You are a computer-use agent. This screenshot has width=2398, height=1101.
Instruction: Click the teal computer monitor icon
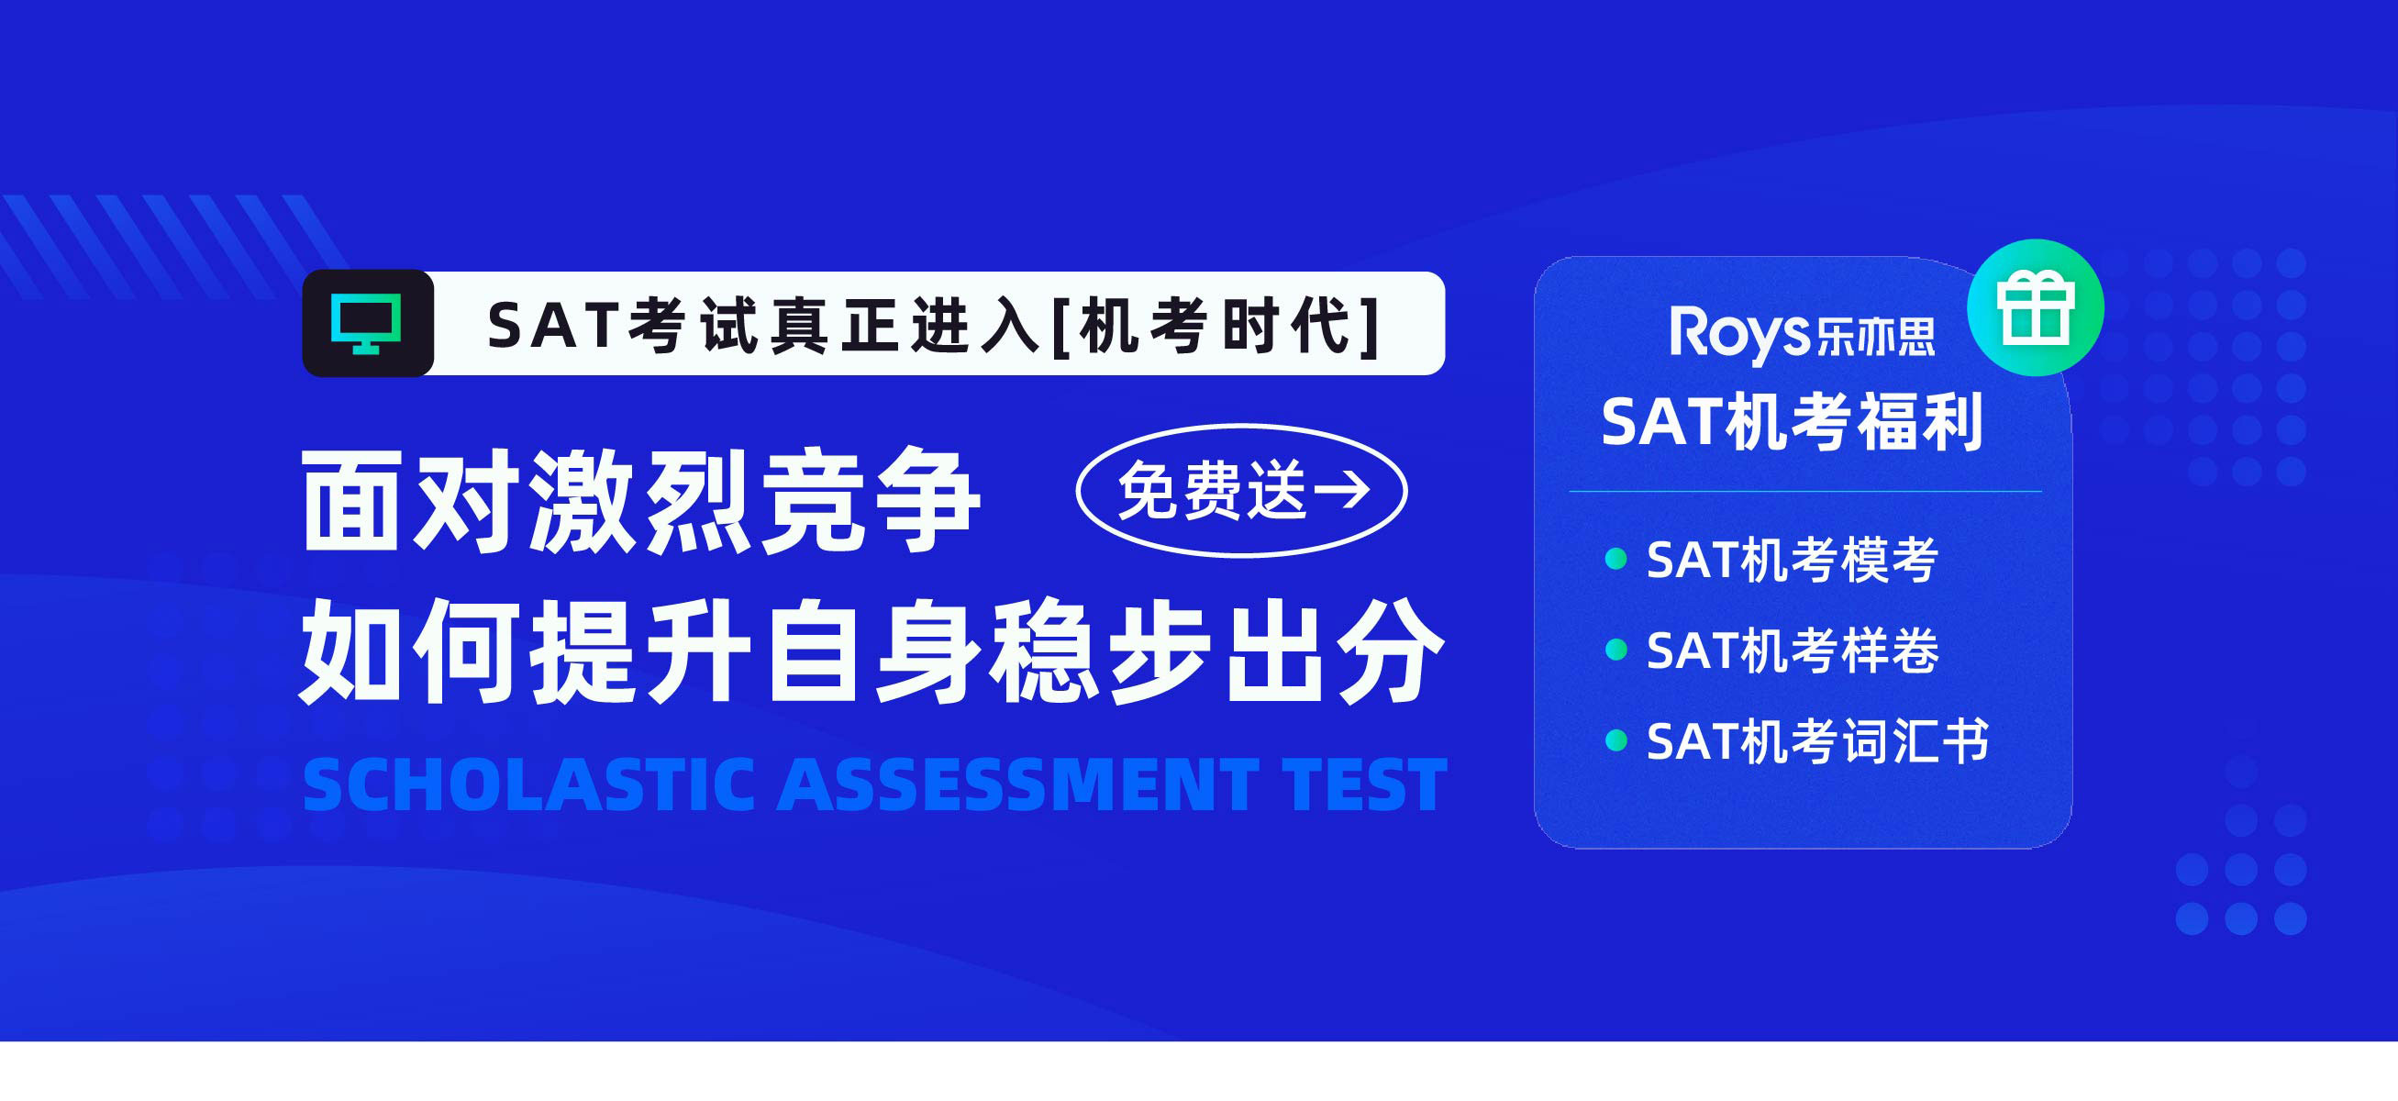pos(367,323)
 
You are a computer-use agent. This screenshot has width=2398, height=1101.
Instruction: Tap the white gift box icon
pos(2035,307)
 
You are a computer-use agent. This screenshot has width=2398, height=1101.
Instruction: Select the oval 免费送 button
pos(1241,491)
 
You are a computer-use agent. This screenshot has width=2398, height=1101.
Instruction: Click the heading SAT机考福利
pos(1792,422)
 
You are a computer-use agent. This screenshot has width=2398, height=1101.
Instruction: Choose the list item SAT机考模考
pos(1792,560)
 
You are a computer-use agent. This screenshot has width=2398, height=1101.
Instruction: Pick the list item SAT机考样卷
pos(1792,650)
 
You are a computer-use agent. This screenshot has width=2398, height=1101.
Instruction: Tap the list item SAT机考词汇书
pos(1817,740)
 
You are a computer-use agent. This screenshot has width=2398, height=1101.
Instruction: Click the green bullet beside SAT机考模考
pos(1616,559)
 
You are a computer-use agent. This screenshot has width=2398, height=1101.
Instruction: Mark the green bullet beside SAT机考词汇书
pos(1616,740)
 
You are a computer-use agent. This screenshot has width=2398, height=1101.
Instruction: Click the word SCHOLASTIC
pos(528,784)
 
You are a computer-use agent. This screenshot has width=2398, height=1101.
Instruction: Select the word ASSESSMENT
pos(1018,784)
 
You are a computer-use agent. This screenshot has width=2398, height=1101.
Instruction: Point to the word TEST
pos(1365,784)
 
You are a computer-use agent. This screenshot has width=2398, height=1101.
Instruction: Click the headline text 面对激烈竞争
pos(640,501)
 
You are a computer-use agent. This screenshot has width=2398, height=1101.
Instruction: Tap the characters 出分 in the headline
pos(1334,651)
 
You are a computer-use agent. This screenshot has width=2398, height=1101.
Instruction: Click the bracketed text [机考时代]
pos(1216,326)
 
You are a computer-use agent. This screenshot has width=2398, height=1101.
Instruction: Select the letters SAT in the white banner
pos(552,326)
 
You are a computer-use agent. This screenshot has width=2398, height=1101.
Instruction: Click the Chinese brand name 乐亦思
pos(1875,337)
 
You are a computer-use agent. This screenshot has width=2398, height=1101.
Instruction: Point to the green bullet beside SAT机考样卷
pos(1616,649)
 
